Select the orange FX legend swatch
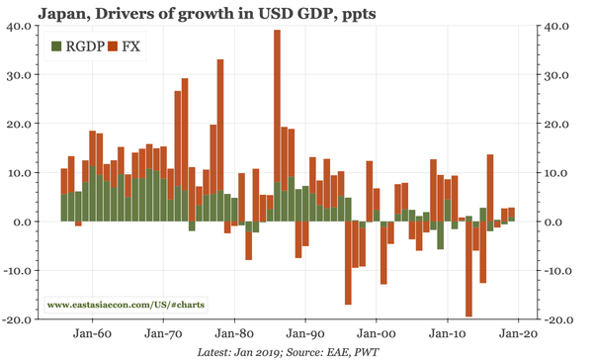point(114,46)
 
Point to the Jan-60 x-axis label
point(94,333)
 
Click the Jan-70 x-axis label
point(165,333)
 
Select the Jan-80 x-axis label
point(235,333)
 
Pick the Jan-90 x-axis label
point(305,333)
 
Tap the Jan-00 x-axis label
point(377,333)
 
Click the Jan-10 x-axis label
point(447,333)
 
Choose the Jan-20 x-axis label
point(517,333)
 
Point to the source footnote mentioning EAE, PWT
point(298,351)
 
